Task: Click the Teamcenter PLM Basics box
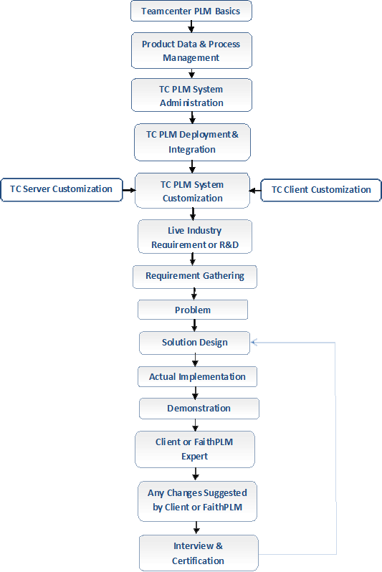191,11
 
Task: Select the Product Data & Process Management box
191,50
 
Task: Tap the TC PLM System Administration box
191,95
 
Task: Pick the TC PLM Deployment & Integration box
192,142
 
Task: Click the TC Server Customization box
62,190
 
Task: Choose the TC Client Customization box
321,190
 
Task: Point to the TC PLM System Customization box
192,191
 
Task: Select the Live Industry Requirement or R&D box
195,237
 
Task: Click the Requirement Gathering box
195,277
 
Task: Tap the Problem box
193,310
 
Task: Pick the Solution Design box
194,343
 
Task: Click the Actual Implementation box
197,377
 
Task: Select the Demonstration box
199,409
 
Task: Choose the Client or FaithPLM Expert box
195,449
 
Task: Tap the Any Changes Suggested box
197,501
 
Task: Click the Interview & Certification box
199,553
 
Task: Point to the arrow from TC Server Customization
129,190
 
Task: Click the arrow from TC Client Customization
255,191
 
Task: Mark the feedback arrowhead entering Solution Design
254,342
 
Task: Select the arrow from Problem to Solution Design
194,325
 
